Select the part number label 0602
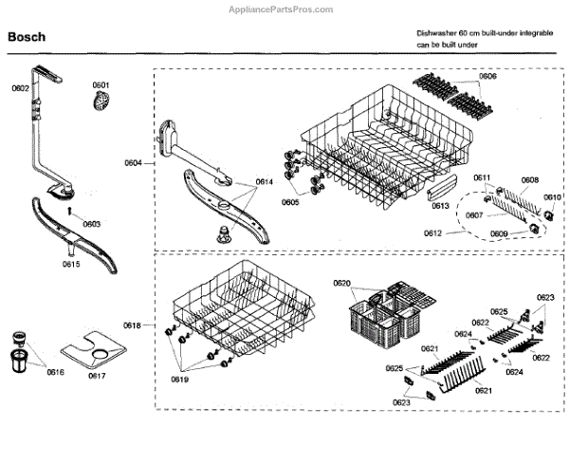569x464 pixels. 20,88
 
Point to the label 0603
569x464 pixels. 91,224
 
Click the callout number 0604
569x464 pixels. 132,163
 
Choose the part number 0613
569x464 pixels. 439,205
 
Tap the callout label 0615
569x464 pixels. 71,265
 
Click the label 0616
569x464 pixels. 56,372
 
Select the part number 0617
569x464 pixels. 97,376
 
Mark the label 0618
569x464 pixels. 132,325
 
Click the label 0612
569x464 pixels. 431,232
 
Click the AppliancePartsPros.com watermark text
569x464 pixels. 284,9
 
